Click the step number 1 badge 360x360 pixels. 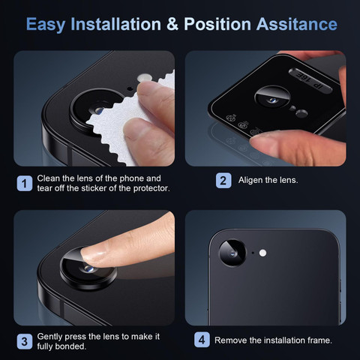[25, 183]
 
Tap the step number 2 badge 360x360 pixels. [223, 181]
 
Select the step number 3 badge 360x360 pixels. [25, 341]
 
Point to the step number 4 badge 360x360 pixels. [202, 340]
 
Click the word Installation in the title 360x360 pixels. [115, 24]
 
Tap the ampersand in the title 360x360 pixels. [172, 24]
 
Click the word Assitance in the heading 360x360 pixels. [297, 24]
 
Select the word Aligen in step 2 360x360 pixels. [250, 180]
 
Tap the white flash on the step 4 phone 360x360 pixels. [262, 253]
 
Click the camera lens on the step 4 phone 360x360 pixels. [232, 253]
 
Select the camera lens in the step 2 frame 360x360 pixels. [272, 98]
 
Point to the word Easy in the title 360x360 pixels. [46, 25]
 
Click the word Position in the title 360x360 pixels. [217, 24]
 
